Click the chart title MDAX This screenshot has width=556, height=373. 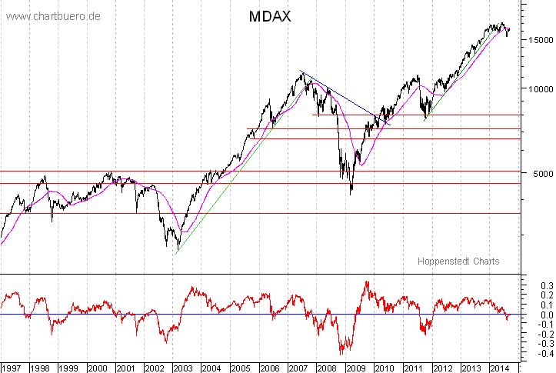[269, 16]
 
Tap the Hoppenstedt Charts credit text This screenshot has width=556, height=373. [458, 261]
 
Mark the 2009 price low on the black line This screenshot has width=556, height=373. [351, 193]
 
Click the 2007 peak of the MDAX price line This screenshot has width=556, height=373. [300, 72]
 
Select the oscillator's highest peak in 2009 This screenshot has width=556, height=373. [367, 281]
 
